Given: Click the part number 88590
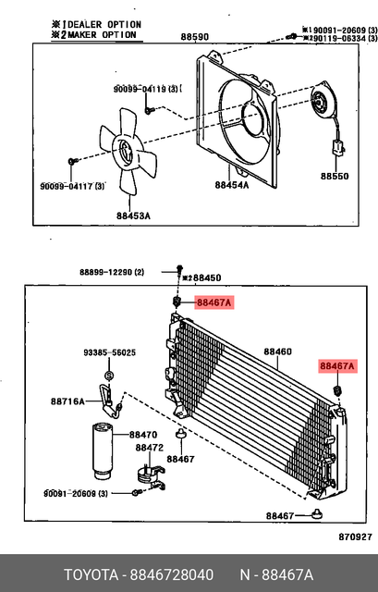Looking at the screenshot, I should coord(194,37).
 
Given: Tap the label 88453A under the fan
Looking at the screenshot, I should coord(133,216).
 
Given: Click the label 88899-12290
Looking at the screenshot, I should coord(111,272).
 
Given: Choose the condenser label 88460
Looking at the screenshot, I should coord(277,351).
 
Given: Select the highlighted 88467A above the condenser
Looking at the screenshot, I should coord(213,302).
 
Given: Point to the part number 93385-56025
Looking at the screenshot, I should coord(109,352).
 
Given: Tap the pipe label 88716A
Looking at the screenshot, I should coord(67,401).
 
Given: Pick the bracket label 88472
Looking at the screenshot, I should coord(150,448).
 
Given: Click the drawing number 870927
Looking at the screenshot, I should coord(354,536).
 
